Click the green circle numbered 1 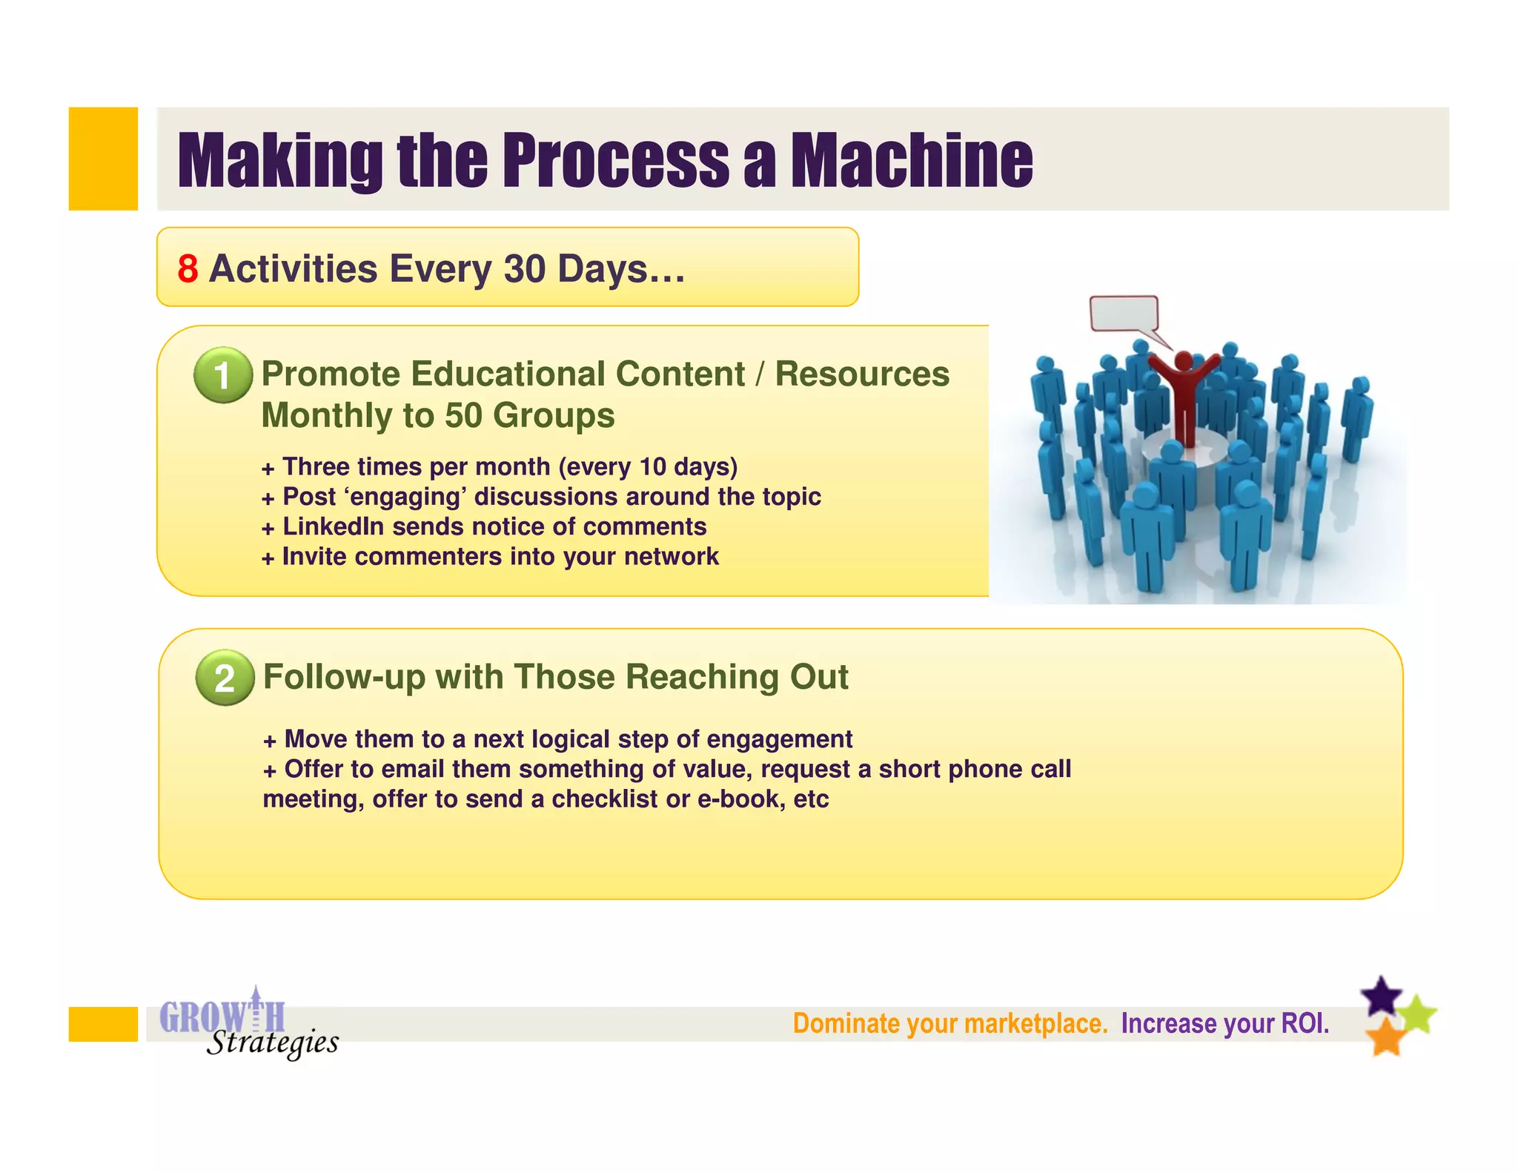click(222, 375)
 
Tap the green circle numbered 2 click(225, 678)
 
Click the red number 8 click(188, 268)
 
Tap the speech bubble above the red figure click(1124, 314)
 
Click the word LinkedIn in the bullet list click(334, 526)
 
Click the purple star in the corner click(1382, 996)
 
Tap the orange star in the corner click(1385, 1037)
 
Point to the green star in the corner click(1418, 1014)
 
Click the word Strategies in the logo click(272, 1043)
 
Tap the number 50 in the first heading click(463, 415)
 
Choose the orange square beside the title click(103, 159)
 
